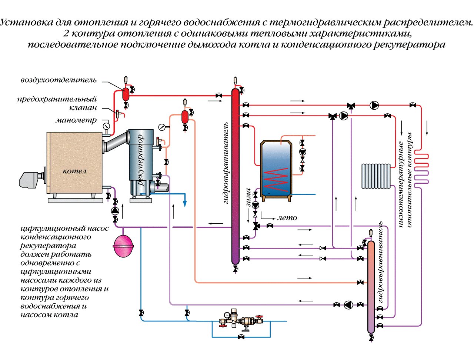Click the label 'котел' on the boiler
pyautogui.click(x=74, y=171)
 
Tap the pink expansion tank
pyautogui.click(x=123, y=245)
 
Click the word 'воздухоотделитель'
pyautogui.click(x=59, y=80)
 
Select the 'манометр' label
pyautogui.click(x=76, y=120)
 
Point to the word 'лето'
pyautogui.click(x=287, y=218)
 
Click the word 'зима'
pyautogui.click(x=248, y=197)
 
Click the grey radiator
pyautogui.click(x=376, y=176)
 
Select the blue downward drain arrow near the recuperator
pyautogui.click(x=184, y=203)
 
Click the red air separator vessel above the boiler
pyautogui.click(x=126, y=94)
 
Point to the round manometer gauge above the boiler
pyautogui.click(x=107, y=126)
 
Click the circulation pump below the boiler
pyautogui.click(x=115, y=211)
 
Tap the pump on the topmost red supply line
pyautogui.click(x=374, y=105)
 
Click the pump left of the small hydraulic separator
pyautogui.click(x=348, y=305)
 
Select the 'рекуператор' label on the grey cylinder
pyautogui.click(x=140, y=160)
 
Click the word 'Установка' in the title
pyautogui.click(x=26, y=22)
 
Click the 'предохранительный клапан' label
pyautogui.click(x=57, y=103)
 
